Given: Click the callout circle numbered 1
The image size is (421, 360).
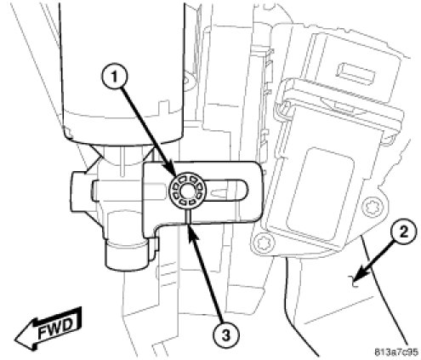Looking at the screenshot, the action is click(114, 77).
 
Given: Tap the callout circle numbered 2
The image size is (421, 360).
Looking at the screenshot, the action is click(403, 232).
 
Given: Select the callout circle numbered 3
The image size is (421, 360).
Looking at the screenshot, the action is click(226, 336).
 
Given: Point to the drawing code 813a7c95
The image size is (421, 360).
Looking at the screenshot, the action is click(396, 352).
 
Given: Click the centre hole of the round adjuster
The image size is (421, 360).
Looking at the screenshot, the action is click(187, 191).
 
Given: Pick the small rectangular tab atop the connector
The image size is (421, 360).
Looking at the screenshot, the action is click(355, 73).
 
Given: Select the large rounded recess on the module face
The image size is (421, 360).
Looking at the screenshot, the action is click(321, 191).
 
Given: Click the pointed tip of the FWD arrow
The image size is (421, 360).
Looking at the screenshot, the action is click(14, 339).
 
